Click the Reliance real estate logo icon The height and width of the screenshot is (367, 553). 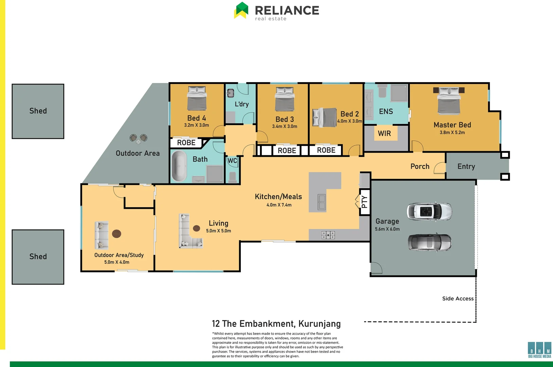(x=242, y=10)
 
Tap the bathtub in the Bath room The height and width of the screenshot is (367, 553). (x=179, y=166)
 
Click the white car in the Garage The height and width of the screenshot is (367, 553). (x=429, y=211)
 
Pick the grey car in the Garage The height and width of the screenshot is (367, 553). (x=429, y=242)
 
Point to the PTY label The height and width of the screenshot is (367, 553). (x=364, y=202)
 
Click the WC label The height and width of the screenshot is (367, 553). (x=232, y=161)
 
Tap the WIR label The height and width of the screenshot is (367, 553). (x=385, y=134)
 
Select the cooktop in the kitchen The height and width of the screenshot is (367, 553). (x=328, y=235)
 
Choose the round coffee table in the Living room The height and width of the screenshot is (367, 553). (x=196, y=228)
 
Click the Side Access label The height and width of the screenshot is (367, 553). (x=458, y=299)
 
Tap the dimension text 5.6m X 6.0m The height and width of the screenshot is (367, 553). (x=387, y=229)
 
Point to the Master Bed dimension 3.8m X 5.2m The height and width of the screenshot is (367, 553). (x=452, y=133)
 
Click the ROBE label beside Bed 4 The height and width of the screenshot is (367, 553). (x=186, y=143)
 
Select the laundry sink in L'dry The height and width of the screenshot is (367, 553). (x=231, y=92)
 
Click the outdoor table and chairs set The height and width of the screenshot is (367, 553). (x=138, y=138)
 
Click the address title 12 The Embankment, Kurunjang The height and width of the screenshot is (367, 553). (x=276, y=324)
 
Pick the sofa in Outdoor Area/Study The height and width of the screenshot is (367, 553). (x=101, y=235)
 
